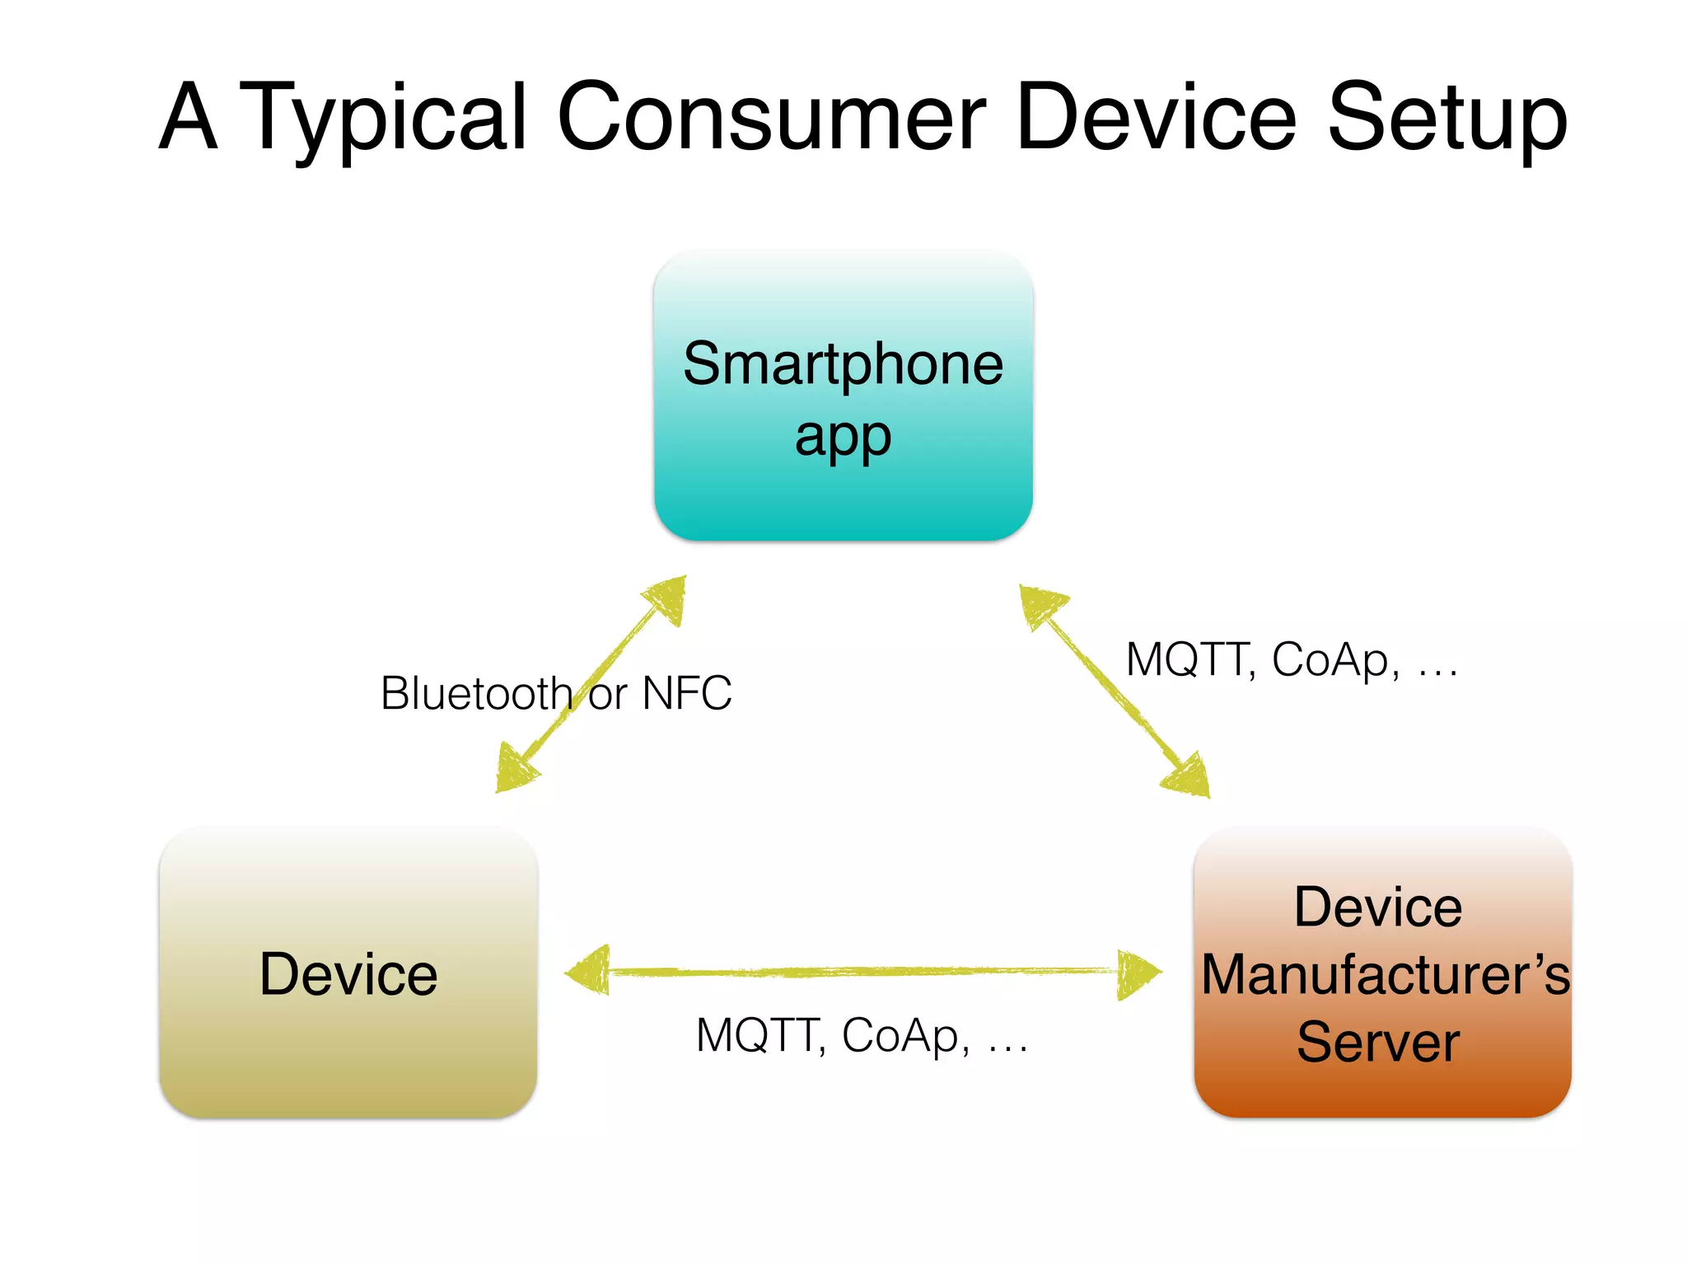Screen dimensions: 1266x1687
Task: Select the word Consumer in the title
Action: point(771,118)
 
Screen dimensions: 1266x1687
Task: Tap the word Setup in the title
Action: point(1446,118)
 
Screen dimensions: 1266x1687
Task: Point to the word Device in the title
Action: point(1157,118)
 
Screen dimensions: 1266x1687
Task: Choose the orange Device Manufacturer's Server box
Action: point(1382,1088)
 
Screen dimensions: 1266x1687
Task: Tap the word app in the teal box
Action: point(843,437)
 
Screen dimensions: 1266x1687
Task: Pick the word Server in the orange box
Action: point(1378,1042)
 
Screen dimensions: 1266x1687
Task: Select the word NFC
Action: point(687,693)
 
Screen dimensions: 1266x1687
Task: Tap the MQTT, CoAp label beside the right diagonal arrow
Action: point(1291,660)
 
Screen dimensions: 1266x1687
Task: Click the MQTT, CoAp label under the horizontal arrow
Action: point(862,1036)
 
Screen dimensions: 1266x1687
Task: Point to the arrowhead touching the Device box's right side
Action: point(588,972)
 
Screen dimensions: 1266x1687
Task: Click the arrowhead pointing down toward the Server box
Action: point(1188,776)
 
